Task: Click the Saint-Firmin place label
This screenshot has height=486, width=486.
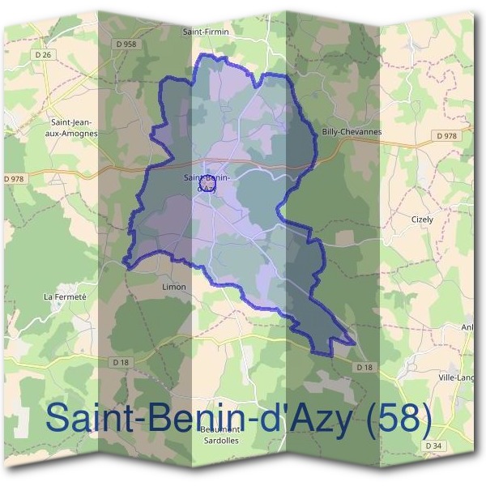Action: click(207, 32)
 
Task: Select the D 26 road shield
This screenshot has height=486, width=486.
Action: click(45, 54)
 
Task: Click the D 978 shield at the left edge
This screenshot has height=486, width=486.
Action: click(15, 178)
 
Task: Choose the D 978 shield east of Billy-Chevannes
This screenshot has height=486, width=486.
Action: click(447, 136)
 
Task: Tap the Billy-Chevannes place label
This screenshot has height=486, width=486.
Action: click(352, 131)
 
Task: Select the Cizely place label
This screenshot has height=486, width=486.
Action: click(422, 220)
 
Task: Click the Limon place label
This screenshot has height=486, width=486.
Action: click(174, 287)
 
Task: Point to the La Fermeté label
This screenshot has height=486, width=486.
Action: click(65, 296)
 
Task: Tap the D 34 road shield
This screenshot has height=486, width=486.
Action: click(437, 446)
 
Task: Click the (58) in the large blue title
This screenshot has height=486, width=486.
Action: click(397, 418)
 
